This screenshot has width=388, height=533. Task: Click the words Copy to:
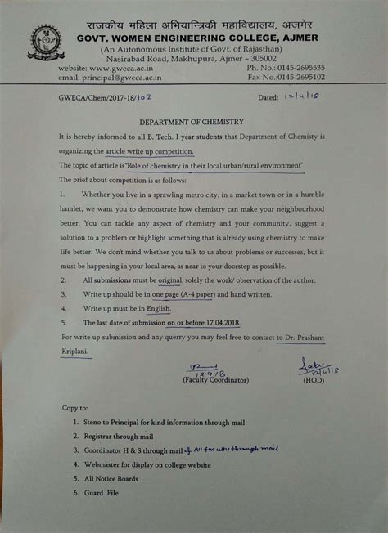pos(76,407)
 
